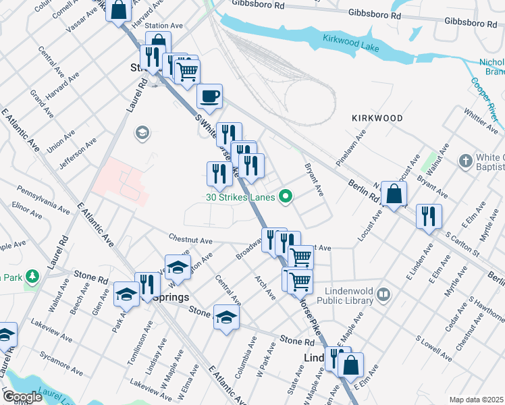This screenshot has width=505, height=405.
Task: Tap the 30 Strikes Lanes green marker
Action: (286, 197)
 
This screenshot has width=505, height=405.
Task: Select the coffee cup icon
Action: (209, 96)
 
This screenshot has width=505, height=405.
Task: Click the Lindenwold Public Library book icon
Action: (383, 294)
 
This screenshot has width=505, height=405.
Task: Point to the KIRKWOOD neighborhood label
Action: (377, 118)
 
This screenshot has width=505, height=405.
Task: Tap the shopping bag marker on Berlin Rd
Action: (394, 194)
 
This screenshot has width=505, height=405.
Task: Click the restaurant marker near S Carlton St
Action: (429, 216)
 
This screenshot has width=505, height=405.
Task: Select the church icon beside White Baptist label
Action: (465, 161)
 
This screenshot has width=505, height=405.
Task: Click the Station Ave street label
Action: (165, 25)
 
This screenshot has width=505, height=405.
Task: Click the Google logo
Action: (23, 396)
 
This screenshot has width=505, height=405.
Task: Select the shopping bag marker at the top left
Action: (118, 10)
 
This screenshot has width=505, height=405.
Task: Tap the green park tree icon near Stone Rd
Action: (33, 277)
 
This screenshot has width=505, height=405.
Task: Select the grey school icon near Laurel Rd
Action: (142, 132)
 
